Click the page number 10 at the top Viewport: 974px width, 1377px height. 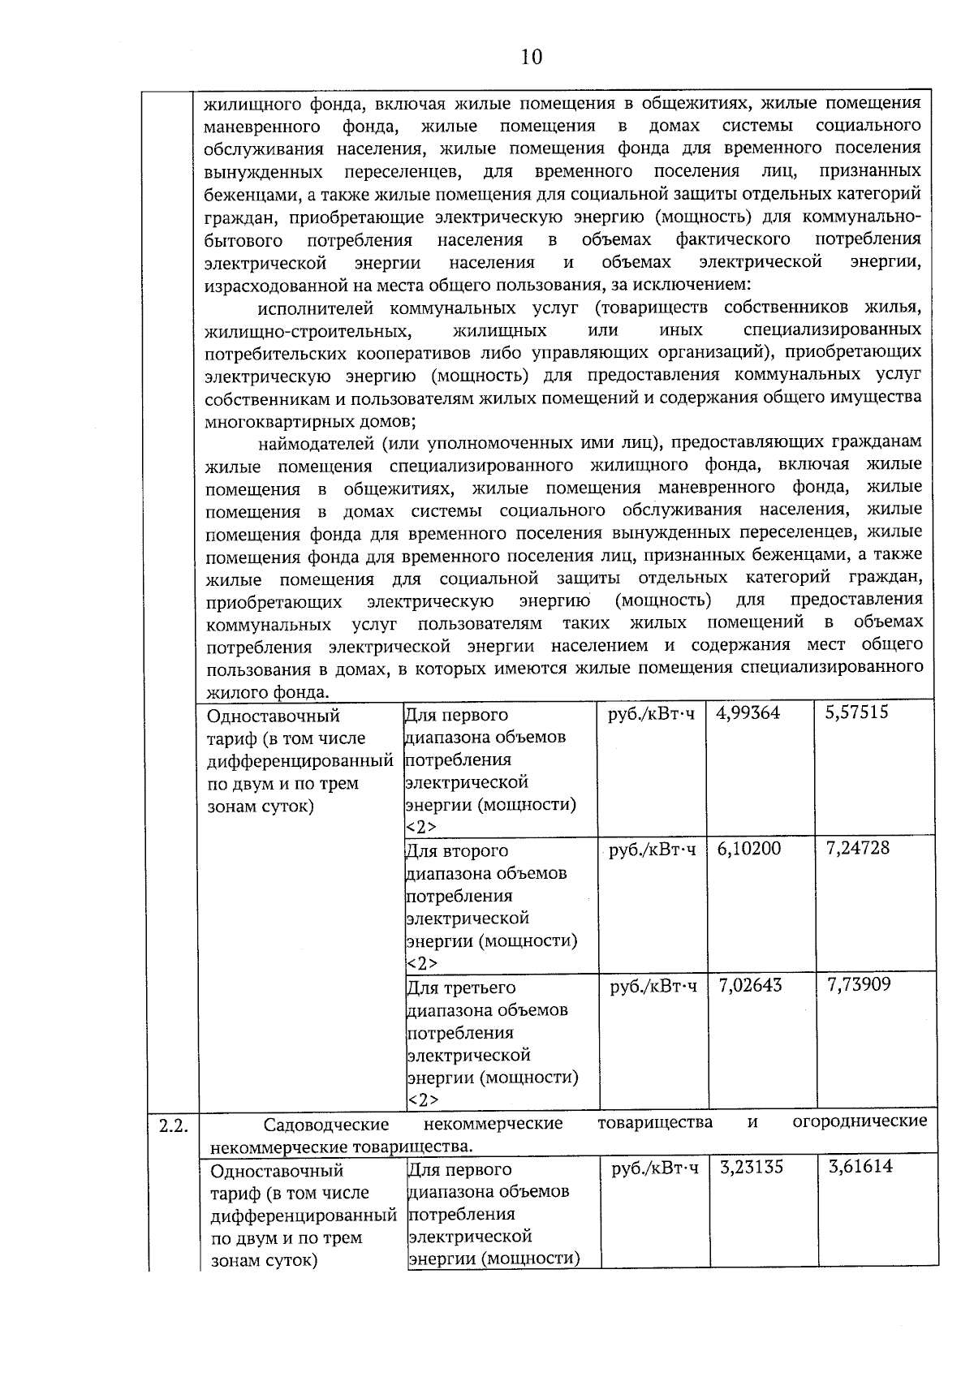(530, 56)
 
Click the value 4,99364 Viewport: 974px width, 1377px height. (748, 712)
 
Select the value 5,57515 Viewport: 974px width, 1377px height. (856, 712)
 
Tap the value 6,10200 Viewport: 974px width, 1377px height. (748, 848)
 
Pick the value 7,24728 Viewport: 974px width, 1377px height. (857, 848)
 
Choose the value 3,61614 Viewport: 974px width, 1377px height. (860, 1167)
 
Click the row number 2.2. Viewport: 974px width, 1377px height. (172, 1125)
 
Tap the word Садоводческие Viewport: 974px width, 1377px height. (326, 1124)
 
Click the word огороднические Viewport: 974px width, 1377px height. (859, 1121)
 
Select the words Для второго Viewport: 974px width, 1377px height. (456, 850)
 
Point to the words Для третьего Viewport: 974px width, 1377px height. (460, 988)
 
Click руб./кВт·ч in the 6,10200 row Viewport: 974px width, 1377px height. (652, 849)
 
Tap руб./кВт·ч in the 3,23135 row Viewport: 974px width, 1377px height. (654, 1168)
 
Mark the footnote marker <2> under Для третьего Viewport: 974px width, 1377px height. (422, 1099)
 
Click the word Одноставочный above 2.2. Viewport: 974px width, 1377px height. (273, 716)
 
